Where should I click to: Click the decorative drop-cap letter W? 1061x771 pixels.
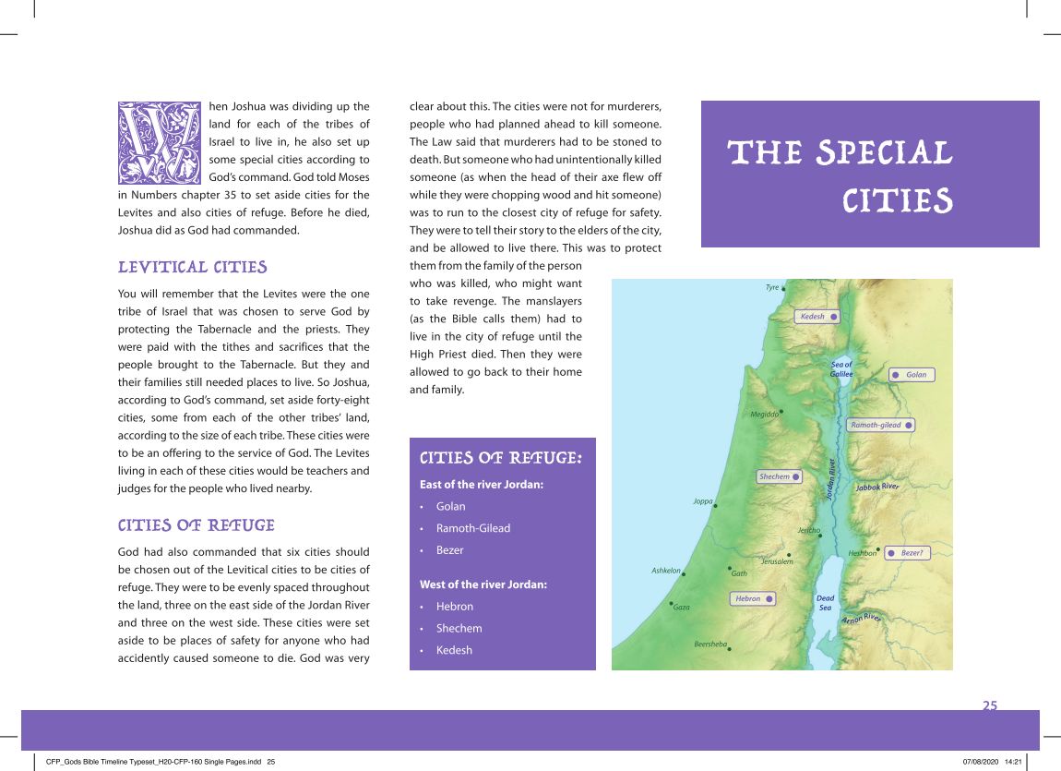pos(159,143)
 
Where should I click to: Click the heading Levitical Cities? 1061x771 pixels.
pos(193,268)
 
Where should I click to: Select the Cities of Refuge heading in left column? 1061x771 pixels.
pos(197,525)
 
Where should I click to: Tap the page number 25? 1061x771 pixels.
pos(989,706)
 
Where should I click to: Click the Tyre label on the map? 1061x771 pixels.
pos(772,288)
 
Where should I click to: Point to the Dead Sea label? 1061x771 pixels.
pos(826,603)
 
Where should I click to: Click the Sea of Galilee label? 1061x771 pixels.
pos(841,369)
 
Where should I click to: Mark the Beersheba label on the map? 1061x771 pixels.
pos(710,644)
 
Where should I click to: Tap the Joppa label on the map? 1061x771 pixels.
pos(702,501)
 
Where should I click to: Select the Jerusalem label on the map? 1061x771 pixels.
pos(777,561)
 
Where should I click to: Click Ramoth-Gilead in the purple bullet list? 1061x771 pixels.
pos(472,528)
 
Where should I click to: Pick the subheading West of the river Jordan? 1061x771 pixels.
pos(483,584)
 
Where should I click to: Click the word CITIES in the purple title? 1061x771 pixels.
pos(897,200)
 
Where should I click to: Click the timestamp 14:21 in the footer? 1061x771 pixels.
pos(1013,762)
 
